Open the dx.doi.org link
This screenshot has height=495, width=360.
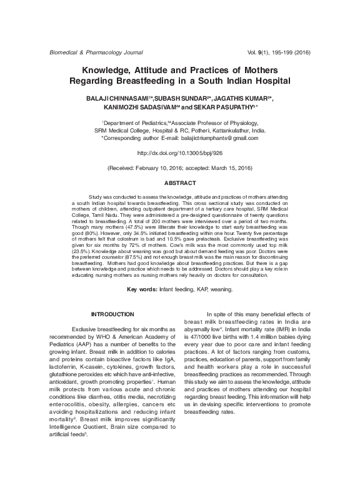179,153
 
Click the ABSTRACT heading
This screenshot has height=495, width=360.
179,183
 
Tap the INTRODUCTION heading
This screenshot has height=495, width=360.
112,313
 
